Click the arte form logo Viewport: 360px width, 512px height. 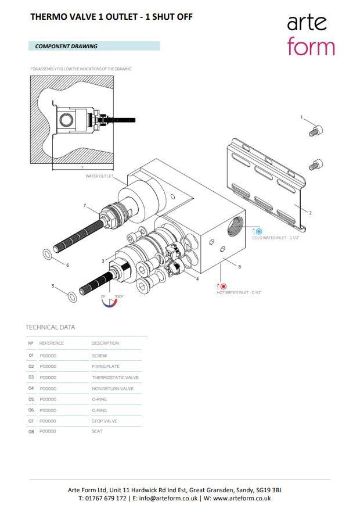(x=311, y=35)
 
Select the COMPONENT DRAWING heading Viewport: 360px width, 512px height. (x=66, y=46)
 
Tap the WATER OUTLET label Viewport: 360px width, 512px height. (x=99, y=176)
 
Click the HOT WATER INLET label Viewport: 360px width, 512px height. (x=239, y=292)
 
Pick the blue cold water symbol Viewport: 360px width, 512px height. (x=258, y=231)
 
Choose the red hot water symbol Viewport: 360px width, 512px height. (x=222, y=286)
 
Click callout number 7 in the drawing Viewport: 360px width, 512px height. (x=85, y=206)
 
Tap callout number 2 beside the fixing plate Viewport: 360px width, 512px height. (x=310, y=213)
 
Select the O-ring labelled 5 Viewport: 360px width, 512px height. (x=71, y=297)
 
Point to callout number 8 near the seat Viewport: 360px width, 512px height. (x=239, y=267)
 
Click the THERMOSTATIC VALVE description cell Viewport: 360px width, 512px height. (x=115, y=377)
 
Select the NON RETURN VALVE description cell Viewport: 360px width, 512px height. (x=113, y=388)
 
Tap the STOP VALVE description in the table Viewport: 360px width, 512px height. (x=105, y=421)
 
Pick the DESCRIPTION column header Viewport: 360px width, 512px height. (x=105, y=343)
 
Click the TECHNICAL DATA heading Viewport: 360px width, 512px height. (x=50, y=327)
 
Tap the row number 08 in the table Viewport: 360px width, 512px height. (x=31, y=432)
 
